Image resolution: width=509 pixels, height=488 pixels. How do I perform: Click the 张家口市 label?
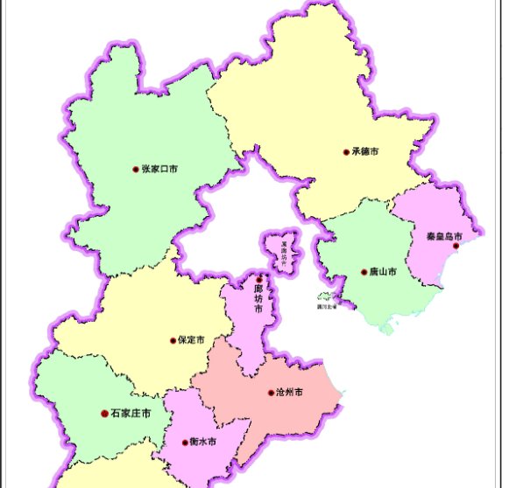coord(159,169)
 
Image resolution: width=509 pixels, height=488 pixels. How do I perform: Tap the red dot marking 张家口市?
coord(136,169)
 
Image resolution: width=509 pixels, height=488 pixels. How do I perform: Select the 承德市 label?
coord(365,152)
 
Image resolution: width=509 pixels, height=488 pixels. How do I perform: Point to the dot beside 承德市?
coord(346,152)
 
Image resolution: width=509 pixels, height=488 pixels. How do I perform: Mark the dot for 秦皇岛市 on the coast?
coord(456,247)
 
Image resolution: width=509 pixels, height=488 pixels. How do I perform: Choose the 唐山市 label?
coord(384,272)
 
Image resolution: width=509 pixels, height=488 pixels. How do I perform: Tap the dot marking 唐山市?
coord(364,272)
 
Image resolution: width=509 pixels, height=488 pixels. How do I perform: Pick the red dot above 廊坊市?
coord(258,280)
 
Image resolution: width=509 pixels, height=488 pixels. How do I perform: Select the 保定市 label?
coord(191,340)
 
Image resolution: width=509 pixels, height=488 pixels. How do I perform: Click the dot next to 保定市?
coord(173,340)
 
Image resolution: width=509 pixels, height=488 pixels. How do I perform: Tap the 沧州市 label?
coord(290,393)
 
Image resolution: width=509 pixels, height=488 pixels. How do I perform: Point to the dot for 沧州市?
coord(271,393)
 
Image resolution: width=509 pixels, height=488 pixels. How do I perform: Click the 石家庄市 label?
coord(131,413)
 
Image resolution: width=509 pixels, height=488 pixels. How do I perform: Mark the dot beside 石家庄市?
coord(104,413)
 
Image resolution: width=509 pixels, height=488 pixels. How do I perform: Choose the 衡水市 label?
coord(202,442)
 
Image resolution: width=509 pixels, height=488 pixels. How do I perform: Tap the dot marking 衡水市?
coord(185,442)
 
